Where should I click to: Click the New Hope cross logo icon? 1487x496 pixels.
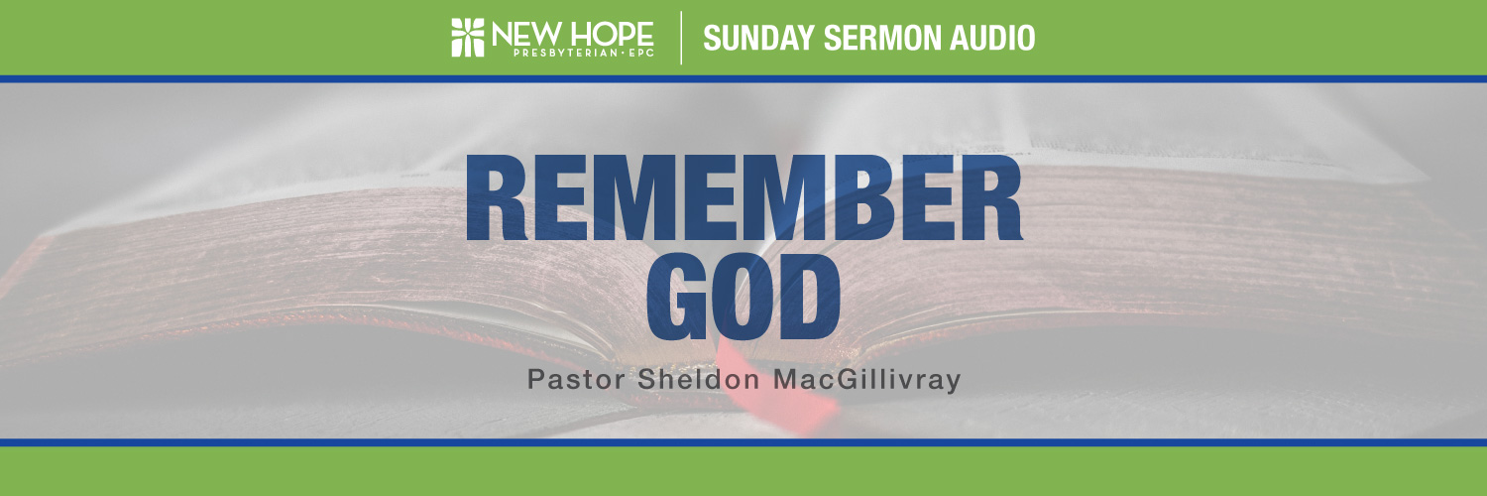[x=468, y=38]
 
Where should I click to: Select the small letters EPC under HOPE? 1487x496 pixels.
[x=640, y=54]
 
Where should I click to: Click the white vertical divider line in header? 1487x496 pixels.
[x=681, y=38]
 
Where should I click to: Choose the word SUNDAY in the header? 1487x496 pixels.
[x=759, y=38]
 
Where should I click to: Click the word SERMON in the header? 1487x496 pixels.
[x=882, y=38]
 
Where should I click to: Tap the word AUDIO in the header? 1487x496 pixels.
[x=992, y=38]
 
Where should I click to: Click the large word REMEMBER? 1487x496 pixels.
[x=744, y=197]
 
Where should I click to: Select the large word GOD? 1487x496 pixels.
[x=743, y=297]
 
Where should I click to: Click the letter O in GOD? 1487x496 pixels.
[x=743, y=297]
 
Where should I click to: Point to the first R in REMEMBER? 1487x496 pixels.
[x=497, y=197]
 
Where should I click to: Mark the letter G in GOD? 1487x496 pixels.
[x=677, y=297]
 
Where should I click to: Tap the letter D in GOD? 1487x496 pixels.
[x=811, y=297]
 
